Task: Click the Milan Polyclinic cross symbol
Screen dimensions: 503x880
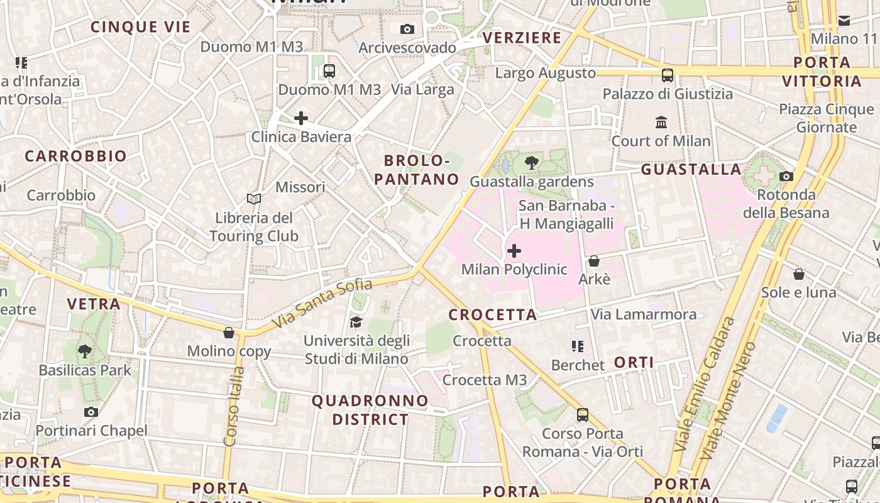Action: point(514,251)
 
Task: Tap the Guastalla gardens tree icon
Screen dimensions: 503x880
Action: point(532,163)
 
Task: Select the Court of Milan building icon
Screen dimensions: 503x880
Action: point(661,122)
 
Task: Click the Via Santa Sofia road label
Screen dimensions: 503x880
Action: point(322,304)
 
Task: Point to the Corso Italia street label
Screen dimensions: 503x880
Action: point(234,406)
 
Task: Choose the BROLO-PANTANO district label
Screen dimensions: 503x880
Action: point(417,170)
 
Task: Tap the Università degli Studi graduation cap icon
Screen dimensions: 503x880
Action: point(356,322)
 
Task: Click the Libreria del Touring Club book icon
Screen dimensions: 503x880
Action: point(254,199)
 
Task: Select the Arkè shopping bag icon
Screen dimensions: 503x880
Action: point(593,260)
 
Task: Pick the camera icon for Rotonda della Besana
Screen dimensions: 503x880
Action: point(786,176)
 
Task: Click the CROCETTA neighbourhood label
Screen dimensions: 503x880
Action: point(493,314)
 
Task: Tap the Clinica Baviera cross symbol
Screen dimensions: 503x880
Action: point(301,118)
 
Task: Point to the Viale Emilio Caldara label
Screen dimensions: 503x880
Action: point(704,384)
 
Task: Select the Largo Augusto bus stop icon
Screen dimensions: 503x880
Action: point(668,75)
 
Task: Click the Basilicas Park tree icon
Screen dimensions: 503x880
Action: point(85,351)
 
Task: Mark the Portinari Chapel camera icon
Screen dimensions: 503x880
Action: point(91,412)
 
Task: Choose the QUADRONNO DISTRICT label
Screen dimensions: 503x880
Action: point(370,410)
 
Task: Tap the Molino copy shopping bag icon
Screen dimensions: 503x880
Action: point(229,332)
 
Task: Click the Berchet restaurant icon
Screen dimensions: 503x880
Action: point(578,346)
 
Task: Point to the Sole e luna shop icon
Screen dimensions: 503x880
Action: point(798,274)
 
